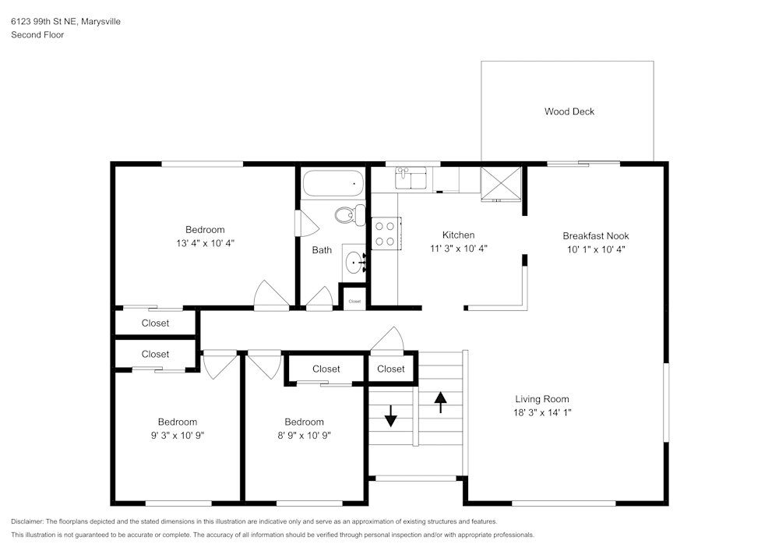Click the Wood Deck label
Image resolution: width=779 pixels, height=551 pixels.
[x=569, y=111]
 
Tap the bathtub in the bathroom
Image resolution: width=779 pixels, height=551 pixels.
[x=333, y=183]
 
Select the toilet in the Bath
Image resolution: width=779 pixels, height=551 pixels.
[x=350, y=214]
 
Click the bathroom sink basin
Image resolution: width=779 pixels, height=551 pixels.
[x=355, y=263]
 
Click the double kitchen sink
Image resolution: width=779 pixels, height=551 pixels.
[x=411, y=178]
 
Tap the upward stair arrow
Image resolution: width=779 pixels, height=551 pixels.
[x=440, y=401]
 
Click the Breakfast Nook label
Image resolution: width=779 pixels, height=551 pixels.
[x=595, y=236]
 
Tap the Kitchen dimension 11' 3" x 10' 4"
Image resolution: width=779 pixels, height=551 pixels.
[x=458, y=249]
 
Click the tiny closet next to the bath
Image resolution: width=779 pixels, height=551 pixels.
[x=354, y=300]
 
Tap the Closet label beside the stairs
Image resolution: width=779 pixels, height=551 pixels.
[x=391, y=369]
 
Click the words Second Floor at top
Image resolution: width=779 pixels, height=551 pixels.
[x=37, y=35]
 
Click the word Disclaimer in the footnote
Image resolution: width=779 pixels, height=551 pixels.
[x=27, y=521]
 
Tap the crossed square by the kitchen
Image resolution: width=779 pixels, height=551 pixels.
[x=501, y=183]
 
